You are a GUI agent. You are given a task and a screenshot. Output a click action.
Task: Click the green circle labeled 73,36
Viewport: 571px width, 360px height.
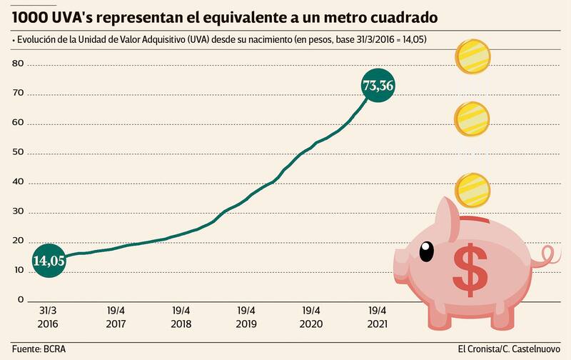[378, 86]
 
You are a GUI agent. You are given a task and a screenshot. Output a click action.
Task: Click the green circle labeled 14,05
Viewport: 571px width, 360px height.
[49, 261]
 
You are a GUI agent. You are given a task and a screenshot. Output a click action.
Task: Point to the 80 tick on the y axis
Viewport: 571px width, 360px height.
[18, 64]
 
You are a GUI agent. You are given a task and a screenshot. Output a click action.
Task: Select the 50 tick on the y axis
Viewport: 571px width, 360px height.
[18, 152]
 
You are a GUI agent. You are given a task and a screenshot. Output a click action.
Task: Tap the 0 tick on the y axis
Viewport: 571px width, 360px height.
[21, 299]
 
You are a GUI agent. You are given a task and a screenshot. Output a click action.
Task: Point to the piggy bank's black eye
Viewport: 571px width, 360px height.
[426, 251]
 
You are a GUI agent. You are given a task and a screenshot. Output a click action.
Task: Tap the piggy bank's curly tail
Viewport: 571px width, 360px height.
[550, 256]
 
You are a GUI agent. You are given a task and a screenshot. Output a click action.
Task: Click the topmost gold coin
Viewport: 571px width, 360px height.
[472, 56]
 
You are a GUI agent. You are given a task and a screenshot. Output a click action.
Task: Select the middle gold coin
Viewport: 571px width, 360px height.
[472, 117]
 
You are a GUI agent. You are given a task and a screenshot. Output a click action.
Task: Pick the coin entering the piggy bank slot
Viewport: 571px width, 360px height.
[472, 189]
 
